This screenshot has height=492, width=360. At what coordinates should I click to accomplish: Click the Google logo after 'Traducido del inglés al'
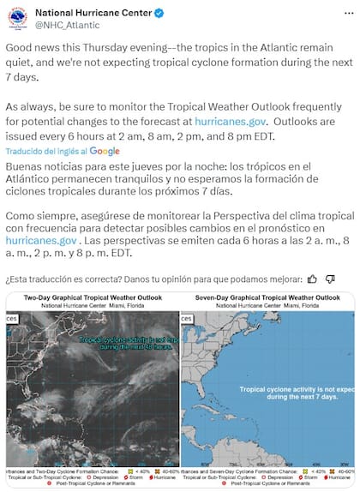coord(105,150)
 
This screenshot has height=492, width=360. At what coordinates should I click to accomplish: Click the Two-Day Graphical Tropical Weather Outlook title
coord(93,297)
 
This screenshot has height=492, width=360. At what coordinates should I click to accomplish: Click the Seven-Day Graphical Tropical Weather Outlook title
coord(269,297)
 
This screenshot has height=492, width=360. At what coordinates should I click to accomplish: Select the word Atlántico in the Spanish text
coord(33,181)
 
